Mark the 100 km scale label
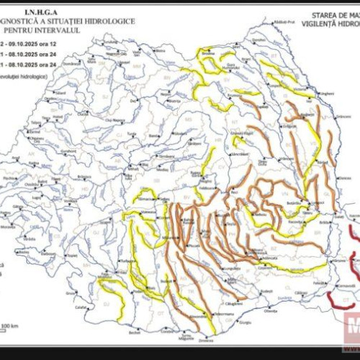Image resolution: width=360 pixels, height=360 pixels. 9,326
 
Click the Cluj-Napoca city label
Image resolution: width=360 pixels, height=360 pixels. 115,120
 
